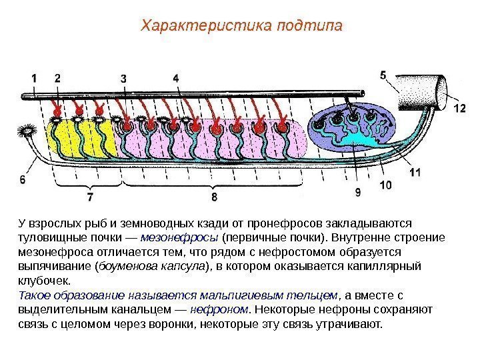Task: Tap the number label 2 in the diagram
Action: tap(57, 78)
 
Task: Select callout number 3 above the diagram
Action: tap(124, 79)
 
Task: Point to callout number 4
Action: tap(176, 78)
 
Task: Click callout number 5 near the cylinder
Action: tap(383, 75)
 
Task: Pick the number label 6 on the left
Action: tap(23, 179)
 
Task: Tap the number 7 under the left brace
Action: tap(90, 197)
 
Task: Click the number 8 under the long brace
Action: tap(214, 197)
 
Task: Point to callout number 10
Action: tap(385, 185)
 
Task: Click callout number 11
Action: tap(415, 171)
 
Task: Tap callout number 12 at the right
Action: tap(459, 107)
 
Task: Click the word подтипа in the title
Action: tap(310, 26)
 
